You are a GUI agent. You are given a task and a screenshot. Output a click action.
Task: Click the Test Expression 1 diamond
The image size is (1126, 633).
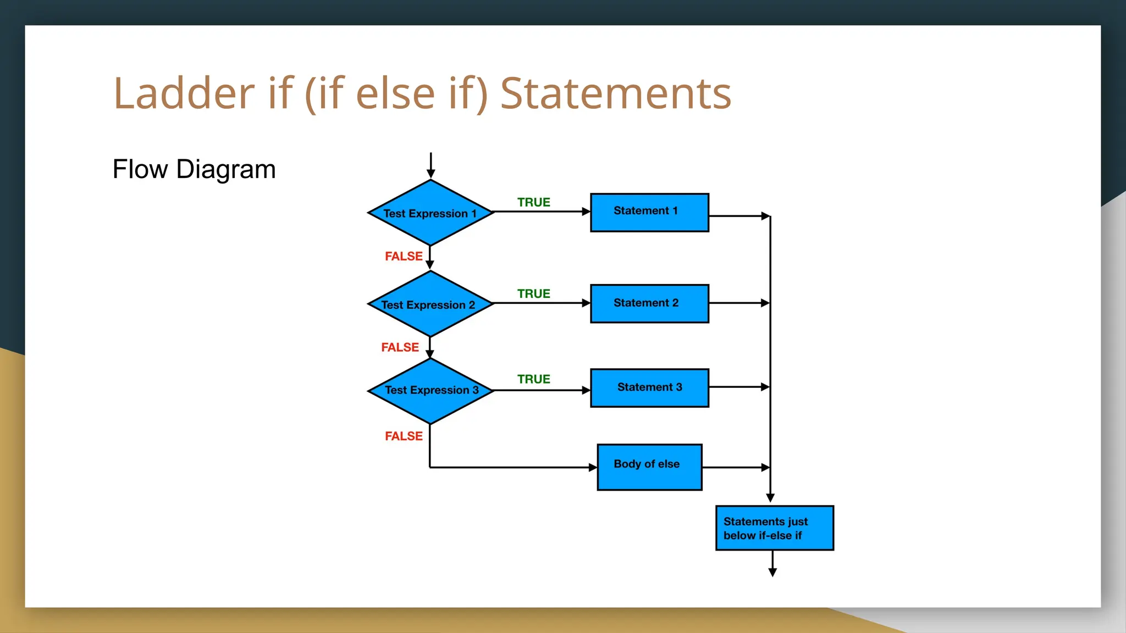[430, 213]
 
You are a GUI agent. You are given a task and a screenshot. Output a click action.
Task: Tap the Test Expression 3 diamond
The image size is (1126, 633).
[430, 390]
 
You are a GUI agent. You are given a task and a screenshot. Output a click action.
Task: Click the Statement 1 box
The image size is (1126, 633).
[649, 212]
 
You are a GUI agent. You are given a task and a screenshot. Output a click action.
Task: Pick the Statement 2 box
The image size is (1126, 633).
[649, 303]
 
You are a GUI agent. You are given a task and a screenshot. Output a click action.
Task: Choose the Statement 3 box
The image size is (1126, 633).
[649, 387]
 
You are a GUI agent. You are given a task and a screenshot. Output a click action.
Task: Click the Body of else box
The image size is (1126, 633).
[649, 467]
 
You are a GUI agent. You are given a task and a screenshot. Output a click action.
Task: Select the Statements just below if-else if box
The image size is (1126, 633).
[774, 527]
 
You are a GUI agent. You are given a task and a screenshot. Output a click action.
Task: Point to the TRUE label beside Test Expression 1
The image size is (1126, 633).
[533, 202]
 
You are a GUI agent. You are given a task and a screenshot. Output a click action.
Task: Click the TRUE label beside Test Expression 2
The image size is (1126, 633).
[533, 294]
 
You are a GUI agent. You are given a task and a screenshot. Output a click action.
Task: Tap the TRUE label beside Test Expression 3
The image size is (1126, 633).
[533, 379]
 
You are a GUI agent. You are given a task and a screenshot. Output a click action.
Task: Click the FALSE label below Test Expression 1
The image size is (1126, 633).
[404, 256]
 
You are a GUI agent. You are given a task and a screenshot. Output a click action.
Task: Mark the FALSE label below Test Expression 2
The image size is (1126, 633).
[400, 347]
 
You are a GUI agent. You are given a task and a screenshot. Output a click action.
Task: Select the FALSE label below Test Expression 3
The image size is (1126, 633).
[404, 436]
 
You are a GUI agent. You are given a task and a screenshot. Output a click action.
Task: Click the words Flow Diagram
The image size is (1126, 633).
[194, 169]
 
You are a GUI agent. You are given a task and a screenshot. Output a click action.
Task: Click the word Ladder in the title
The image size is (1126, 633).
[184, 93]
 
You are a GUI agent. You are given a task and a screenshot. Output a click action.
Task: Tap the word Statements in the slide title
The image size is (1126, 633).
[616, 93]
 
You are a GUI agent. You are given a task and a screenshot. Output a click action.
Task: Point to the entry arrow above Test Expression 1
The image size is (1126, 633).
[430, 165]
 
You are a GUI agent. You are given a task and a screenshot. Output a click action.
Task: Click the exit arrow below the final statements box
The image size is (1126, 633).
[772, 564]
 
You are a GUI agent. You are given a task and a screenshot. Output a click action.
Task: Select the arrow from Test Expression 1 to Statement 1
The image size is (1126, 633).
[542, 212]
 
